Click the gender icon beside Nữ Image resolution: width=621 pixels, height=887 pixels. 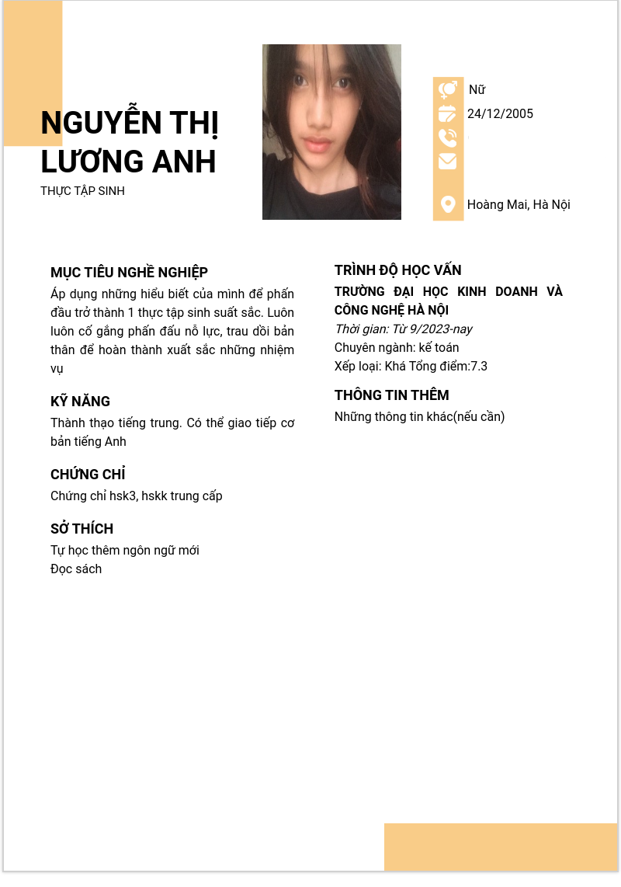pyautogui.click(x=448, y=90)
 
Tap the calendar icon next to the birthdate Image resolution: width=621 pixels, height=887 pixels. pyautogui.click(x=448, y=114)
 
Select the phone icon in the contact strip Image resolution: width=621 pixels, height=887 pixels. pyautogui.click(x=448, y=138)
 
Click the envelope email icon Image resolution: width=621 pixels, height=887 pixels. pyautogui.click(x=448, y=162)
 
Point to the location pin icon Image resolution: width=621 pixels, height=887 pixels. pyautogui.click(x=448, y=204)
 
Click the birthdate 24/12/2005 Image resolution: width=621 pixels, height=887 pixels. pyautogui.click(x=500, y=114)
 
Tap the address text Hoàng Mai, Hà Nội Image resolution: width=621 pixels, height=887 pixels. pyautogui.click(x=519, y=205)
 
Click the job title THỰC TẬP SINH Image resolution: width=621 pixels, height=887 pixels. pyautogui.click(x=82, y=191)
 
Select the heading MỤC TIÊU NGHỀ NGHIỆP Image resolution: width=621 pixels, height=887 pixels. pyautogui.click(x=129, y=273)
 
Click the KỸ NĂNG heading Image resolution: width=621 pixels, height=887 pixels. pyautogui.click(x=80, y=402)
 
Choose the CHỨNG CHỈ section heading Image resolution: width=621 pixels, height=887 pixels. pyautogui.click(x=88, y=475)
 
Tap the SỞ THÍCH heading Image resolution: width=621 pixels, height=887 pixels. pyautogui.click(x=82, y=529)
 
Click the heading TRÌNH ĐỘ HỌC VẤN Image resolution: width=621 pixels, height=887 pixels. pyautogui.click(x=397, y=270)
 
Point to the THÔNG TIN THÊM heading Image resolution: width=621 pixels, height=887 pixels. pyautogui.click(x=391, y=395)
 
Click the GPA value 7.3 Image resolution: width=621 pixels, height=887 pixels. pyautogui.click(x=479, y=367)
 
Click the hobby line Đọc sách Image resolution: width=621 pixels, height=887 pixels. pyautogui.click(x=76, y=569)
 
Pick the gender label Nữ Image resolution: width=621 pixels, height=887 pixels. pyautogui.click(x=477, y=90)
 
